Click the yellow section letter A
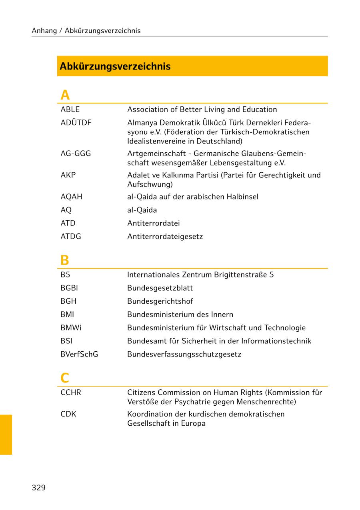tap(65, 95)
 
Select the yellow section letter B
tap(64, 261)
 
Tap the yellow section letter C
tap(65, 378)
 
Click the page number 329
tap(38, 488)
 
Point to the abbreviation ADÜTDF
tap(76, 123)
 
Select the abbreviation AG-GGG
tap(76, 153)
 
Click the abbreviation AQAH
tap(71, 197)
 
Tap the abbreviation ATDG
tap(71, 236)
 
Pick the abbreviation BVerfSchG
tap(79, 354)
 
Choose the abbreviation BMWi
tap(71, 328)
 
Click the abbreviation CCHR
tap(71, 392)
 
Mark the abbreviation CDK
tap(68, 414)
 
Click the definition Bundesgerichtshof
tap(160, 301)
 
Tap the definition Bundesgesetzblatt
tap(160, 288)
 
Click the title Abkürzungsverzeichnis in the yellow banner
tap(115, 66)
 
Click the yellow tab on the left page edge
tap(6, 434)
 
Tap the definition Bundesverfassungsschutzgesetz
tap(184, 355)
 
